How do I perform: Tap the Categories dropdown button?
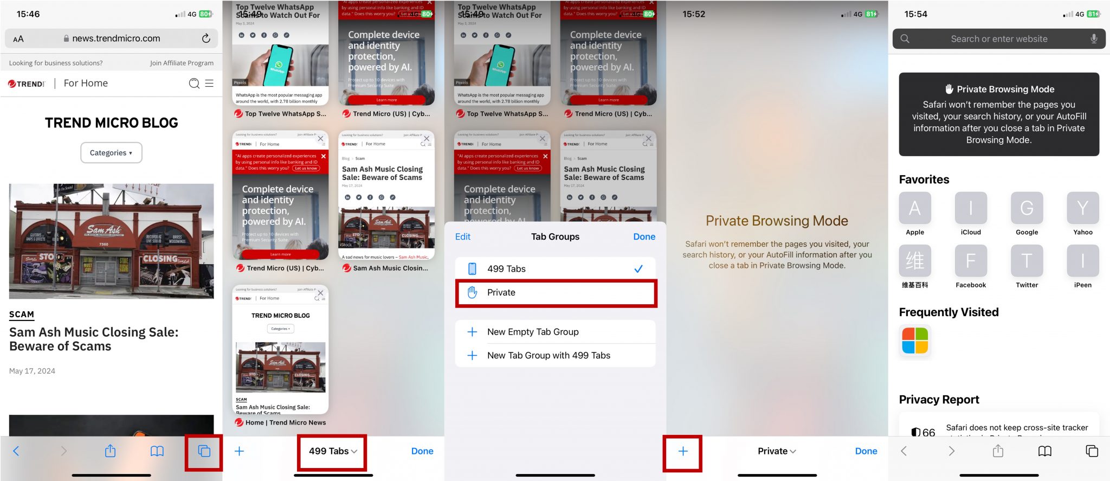(x=111, y=153)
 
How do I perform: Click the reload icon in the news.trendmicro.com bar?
(x=206, y=39)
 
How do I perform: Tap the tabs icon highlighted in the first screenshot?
(x=204, y=451)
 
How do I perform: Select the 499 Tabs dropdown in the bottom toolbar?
(x=332, y=451)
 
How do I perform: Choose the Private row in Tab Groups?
(x=556, y=293)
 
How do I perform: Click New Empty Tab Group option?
(x=532, y=332)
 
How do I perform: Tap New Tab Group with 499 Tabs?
(x=548, y=356)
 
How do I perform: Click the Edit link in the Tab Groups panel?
(x=462, y=237)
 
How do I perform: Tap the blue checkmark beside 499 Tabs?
(x=638, y=269)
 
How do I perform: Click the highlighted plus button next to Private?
(x=682, y=451)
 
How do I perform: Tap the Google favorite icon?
(x=1027, y=208)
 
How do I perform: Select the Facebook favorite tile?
(x=970, y=261)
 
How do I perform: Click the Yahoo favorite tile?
(x=1082, y=208)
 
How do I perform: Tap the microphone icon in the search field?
(x=1094, y=39)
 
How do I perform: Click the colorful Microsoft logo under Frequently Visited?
(x=915, y=341)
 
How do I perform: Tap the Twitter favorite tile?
(x=1027, y=261)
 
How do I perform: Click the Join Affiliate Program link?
(x=182, y=63)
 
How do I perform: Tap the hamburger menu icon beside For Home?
(x=209, y=84)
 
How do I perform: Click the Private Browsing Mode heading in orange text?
(x=777, y=221)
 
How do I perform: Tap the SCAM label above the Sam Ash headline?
(x=22, y=315)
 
